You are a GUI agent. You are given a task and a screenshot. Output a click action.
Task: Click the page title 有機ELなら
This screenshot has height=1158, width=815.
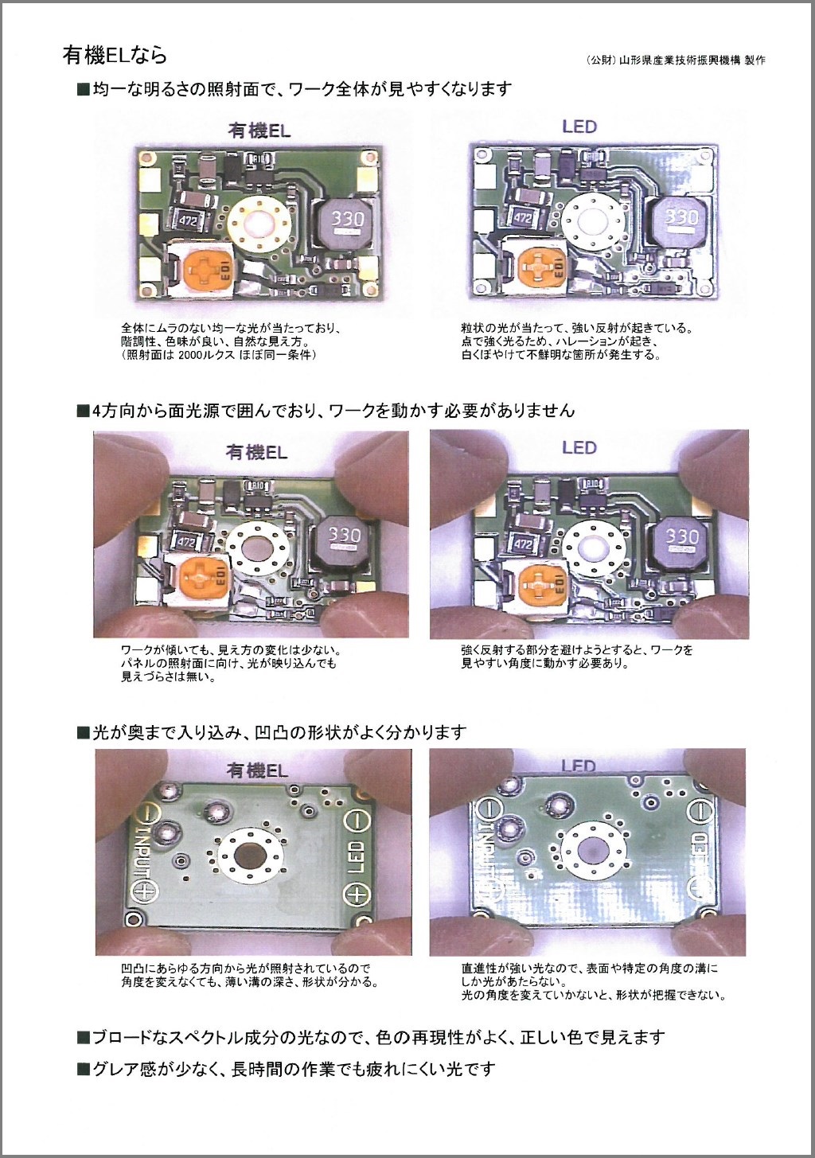coord(115,55)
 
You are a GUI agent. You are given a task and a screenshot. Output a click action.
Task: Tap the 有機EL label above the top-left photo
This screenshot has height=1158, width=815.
coord(259,130)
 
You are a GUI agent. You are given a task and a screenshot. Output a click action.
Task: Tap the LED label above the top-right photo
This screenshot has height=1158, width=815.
coord(579,127)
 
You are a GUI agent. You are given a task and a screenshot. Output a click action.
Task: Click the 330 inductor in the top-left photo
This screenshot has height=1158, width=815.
coord(347,219)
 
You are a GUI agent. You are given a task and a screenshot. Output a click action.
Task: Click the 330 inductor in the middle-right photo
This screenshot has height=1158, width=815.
coord(681,537)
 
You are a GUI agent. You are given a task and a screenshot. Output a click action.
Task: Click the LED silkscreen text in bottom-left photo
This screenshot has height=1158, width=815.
coord(356,856)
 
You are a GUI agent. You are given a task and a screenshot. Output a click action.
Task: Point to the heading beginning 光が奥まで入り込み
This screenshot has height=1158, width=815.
coord(271,732)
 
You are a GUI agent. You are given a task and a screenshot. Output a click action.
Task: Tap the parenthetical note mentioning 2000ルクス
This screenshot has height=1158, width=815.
coord(219,355)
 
